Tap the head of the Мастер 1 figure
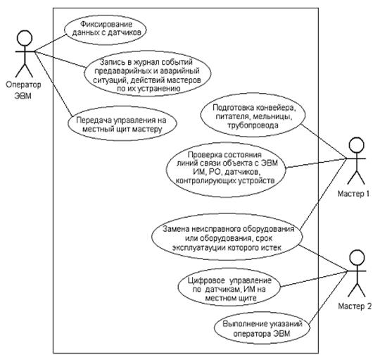(x=356, y=144)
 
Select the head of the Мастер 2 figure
(x=357, y=258)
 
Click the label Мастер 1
(x=353, y=194)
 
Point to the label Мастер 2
(x=355, y=306)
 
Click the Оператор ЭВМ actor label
(x=23, y=90)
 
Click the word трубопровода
(x=253, y=125)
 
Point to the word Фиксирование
(x=106, y=24)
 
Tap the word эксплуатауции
(x=199, y=247)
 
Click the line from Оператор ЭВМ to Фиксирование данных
(x=50, y=42)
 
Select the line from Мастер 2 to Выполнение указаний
(x=327, y=297)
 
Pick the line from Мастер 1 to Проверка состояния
(x=316, y=163)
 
